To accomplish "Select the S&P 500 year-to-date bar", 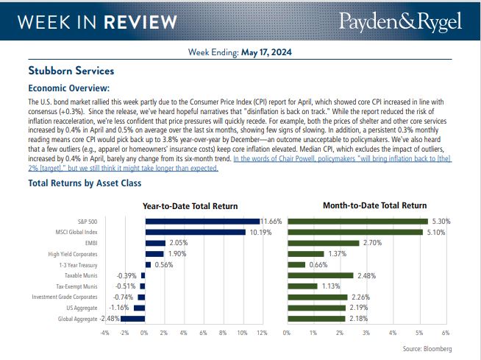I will point(202,221).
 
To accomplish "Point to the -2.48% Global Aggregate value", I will point(111,319).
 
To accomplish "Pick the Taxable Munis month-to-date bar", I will point(321,275).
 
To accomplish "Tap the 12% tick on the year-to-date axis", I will point(262,333).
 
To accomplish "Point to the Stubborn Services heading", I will point(71,71).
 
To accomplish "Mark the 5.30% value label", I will point(440,221).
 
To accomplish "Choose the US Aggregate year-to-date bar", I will point(140,308).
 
